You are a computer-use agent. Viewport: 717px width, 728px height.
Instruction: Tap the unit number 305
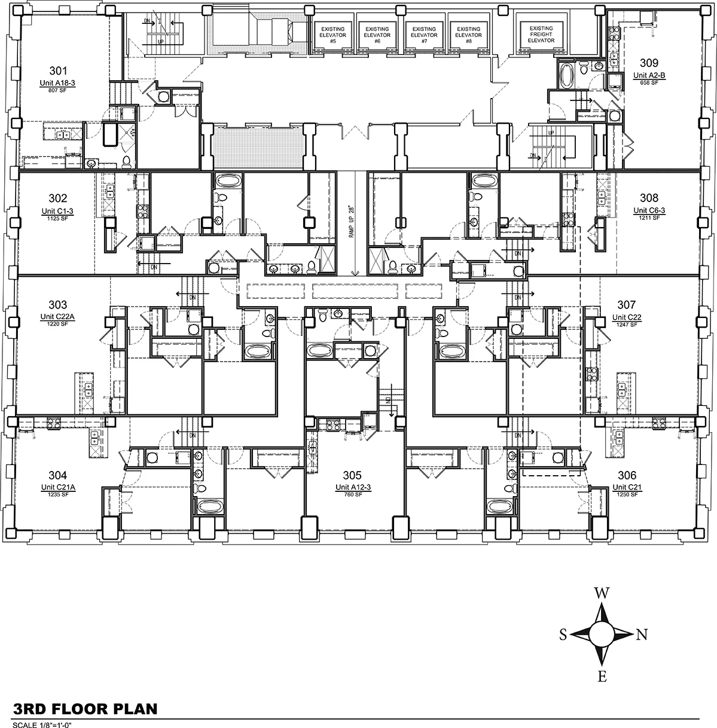[x=353, y=476]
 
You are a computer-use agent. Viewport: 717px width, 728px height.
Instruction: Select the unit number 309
[x=649, y=63]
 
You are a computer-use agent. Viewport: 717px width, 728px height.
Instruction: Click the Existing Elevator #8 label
[x=468, y=32]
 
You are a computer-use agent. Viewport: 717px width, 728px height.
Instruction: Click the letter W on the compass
[x=602, y=593]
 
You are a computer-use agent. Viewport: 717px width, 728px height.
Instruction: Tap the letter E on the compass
[x=602, y=677]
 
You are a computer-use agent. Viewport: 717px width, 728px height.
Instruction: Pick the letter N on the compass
[x=642, y=635]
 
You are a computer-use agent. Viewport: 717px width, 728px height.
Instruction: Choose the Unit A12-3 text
[x=353, y=488]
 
